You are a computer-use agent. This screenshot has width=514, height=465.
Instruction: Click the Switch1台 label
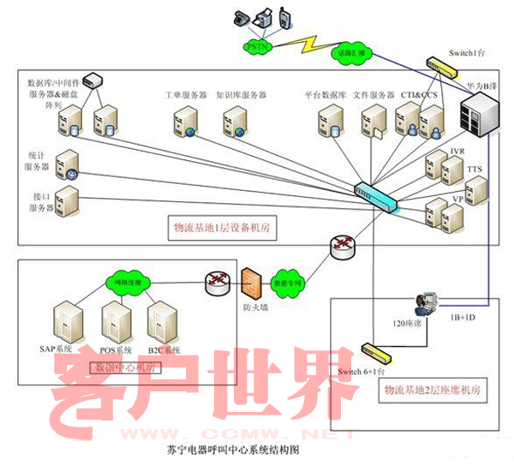click(x=467, y=53)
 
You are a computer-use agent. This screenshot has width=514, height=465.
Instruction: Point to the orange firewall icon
click(x=251, y=283)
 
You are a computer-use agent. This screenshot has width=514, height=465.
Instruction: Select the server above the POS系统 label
click(x=115, y=320)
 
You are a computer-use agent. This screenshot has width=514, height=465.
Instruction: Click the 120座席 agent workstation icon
click(x=425, y=302)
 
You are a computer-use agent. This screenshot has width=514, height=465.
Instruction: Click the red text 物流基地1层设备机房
click(x=226, y=230)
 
